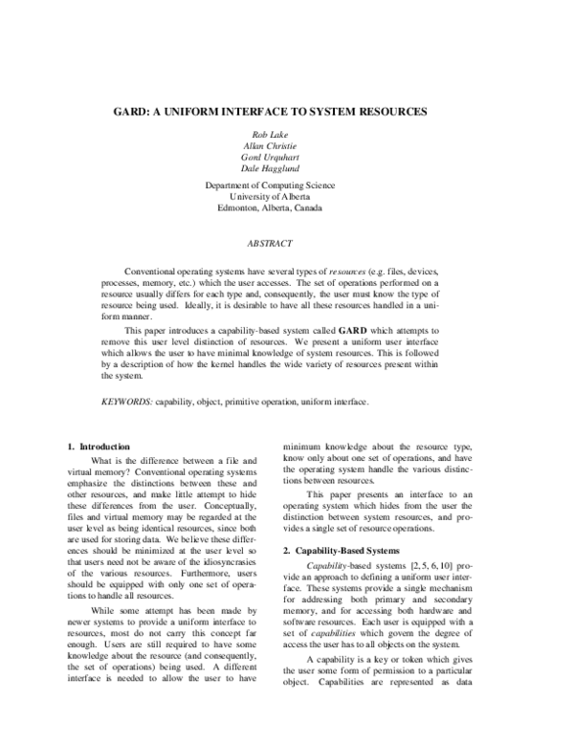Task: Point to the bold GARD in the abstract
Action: pyautogui.click(x=341, y=329)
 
